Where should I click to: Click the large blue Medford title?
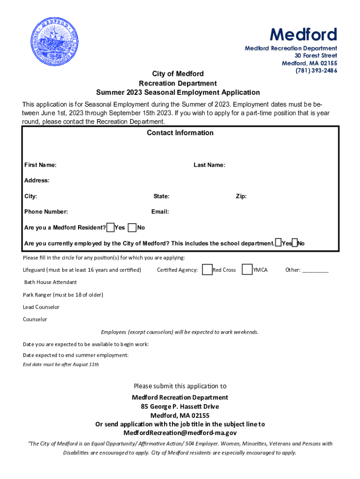coord(303,35)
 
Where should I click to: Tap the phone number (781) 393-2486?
coord(316,71)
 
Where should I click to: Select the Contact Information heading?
coord(180,133)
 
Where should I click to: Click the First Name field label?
coord(40,165)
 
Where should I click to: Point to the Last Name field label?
coord(209,165)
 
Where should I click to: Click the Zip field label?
coord(241,196)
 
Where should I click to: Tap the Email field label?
coord(160,212)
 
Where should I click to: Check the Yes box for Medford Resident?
coord(111,228)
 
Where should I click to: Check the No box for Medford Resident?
coord(132,228)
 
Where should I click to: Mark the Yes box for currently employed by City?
coord(278,243)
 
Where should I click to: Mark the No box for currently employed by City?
coord(295,243)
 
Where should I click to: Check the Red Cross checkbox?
coord(207,270)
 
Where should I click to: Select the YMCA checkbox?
coord(247,270)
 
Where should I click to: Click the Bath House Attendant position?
coord(50,283)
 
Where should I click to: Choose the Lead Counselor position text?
coord(41,307)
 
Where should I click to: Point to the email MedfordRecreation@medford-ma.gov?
coord(180,433)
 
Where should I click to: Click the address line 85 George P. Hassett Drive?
coord(180,406)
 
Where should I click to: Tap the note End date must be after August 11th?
coord(61,364)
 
